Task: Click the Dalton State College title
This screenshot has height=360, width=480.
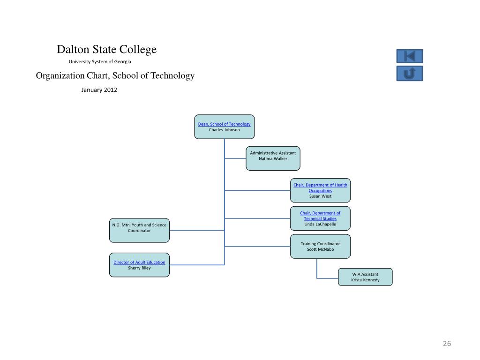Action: [107, 49]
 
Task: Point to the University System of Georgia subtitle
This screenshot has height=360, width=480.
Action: [100, 61]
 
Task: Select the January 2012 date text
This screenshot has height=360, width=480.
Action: [99, 90]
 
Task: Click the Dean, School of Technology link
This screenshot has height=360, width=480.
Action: [224, 124]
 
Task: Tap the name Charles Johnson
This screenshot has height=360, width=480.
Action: [224, 130]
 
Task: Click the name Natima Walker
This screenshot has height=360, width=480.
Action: [273, 158]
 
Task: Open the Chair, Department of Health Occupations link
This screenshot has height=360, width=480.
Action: [320, 187]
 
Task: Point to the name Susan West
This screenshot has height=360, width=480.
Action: [320, 196]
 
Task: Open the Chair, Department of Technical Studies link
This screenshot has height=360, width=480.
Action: [320, 216]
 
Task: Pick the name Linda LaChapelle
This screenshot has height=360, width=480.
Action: [320, 224]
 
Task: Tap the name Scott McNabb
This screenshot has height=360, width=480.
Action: [320, 249]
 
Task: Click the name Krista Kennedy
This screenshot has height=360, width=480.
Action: [365, 280]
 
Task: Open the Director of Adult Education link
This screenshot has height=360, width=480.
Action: [139, 262]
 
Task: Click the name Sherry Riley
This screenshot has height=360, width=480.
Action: [139, 268]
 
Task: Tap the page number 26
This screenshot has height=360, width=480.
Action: [447, 344]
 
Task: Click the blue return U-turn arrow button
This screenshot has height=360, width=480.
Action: [410, 74]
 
